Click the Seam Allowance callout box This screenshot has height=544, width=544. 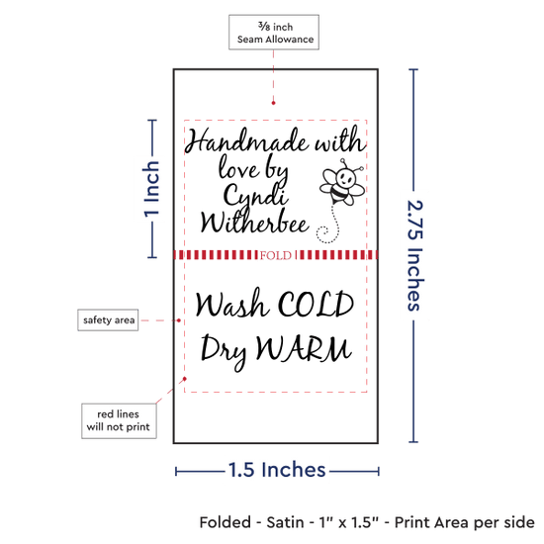[274, 32]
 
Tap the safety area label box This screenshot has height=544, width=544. [108, 319]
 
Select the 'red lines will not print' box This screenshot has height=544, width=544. [119, 420]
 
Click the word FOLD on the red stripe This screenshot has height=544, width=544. [276, 255]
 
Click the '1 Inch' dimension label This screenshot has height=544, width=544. [152, 189]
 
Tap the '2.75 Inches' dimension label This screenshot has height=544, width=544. [415, 255]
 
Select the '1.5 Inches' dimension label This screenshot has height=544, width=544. [277, 470]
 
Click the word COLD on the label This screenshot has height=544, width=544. [316, 305]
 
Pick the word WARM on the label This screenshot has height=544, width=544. [304, 348]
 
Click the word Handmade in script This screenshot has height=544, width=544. [246, 140]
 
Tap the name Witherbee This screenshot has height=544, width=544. [254, 221]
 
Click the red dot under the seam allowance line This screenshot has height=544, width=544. [273, 103]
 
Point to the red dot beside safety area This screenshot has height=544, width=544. [179, 320]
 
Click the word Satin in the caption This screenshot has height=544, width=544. [285, 522]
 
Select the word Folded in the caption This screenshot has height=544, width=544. [226, 522]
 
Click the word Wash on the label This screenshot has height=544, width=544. [231, 304]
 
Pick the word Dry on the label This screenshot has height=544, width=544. [224, 350]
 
